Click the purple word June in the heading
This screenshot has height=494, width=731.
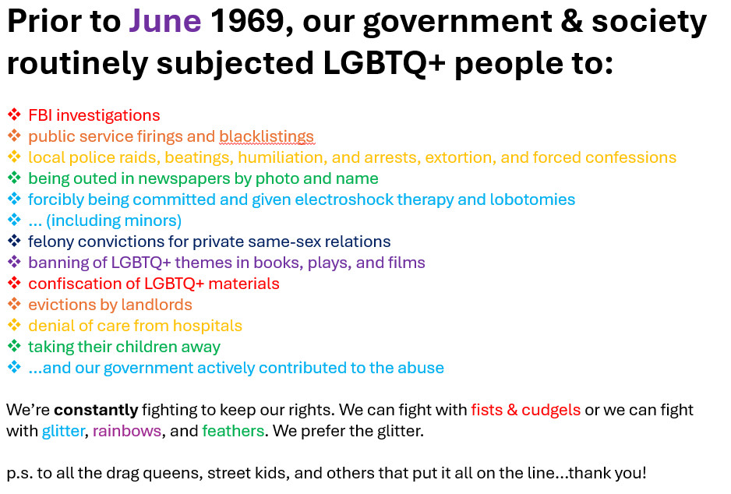[x=165, y=22]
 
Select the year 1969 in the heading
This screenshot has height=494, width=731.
[x=247, y=22]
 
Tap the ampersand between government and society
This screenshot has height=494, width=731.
[x=571, y=22]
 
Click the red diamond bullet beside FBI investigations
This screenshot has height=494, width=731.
[x=15, y=115]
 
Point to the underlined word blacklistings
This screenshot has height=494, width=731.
[x=267, y=136]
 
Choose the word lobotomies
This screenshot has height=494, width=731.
[x=532, y=199]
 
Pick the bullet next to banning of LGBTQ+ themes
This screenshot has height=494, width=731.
[x=15, y=262]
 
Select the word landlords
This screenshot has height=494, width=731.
[x=157, y=305]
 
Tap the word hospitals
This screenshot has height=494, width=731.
[x=207, y=326]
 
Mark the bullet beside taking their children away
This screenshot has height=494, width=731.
[x=15, y=346]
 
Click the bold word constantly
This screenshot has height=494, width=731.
[x=96, y=410]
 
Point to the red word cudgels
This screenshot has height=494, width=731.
[x=551, y=410]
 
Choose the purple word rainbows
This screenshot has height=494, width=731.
[x=127, y=431]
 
